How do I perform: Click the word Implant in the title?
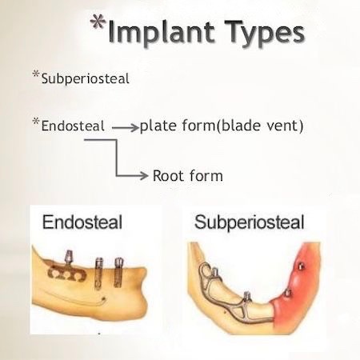pyautogui.click(x=161, y=33)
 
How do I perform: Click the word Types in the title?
pyautogui.click(x=265, y=33)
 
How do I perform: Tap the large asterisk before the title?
pyautogui.click(x=98, y=22)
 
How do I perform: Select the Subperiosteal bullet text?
pyautogui.click(x=86, y=79)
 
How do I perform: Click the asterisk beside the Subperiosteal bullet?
pyautogui.click(x=36, y=74)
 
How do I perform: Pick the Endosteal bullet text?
pyautogui.click(x=73, y=126)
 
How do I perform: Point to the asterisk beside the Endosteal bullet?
pyautogui.click(x=36, y=122)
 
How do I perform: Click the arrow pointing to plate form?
pyautogui.click(x=126, y=128)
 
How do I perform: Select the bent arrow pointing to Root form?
pyautogui.click(x=116, y=160)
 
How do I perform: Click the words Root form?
pyautogui.click(x=188, y=176)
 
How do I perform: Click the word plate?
pyautogui.click(x=158, y=126)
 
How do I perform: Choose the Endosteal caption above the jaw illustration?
pyautogui.click(x=82, y=222)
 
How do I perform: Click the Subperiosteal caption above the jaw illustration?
pyautogui.click(x=250, y=222)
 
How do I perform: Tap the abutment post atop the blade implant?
pyautogui.click(x=69, y=258)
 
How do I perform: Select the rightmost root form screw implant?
pyautogui.click(x=118, y=273)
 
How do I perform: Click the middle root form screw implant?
pyautogui.click(x=99, y=274)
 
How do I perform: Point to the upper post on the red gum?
pyautogui.click(x=301, y=266)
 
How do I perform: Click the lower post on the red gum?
pyautogui.click(x=288, y=293)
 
